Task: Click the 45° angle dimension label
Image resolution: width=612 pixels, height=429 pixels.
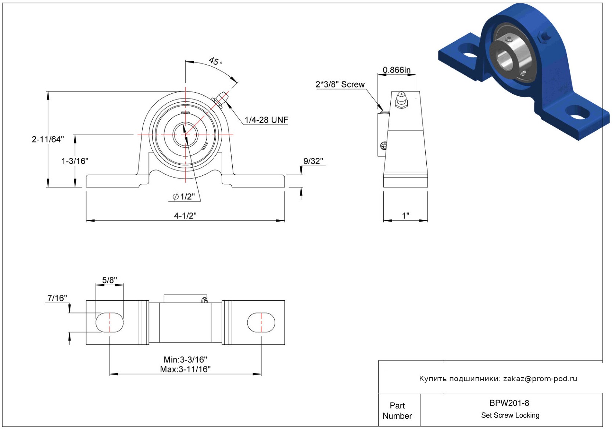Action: [x=215, y=61]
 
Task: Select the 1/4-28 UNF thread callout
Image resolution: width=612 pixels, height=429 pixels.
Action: [x=266, y=120]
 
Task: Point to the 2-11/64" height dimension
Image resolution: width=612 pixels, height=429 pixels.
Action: [x=48, y=139]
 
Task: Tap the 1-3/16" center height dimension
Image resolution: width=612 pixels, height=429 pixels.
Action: [x=75, y=161]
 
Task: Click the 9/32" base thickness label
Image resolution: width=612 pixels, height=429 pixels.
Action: [x=313, y=161]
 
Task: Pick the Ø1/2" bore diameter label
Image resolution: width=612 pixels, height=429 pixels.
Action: [x=184, y=196]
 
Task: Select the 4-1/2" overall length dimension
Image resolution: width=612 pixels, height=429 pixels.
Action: [x=185, y=215]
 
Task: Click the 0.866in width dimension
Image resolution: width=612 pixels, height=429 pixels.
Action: [x=397, y=70]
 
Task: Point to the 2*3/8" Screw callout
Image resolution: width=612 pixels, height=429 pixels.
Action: [x=340, y=84]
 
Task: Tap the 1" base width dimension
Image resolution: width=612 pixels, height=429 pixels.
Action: [x=406, y=215]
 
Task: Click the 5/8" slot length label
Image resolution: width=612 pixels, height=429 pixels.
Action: [x=109, y=280]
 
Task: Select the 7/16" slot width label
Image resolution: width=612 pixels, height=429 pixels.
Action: [x=57, y=298]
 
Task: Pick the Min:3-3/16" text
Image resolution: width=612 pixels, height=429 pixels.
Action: [x=185, y=359]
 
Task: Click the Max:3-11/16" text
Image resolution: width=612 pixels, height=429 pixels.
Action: [x=185, y=369]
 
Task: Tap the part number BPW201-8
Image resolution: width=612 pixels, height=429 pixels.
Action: [x=509, y=403]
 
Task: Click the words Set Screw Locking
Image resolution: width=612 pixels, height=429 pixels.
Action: [x=510, y=415]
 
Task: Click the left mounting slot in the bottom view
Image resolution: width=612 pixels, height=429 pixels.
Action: [x=110, y=322]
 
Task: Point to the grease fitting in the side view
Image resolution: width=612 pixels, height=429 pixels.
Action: [x=401, y=100]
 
